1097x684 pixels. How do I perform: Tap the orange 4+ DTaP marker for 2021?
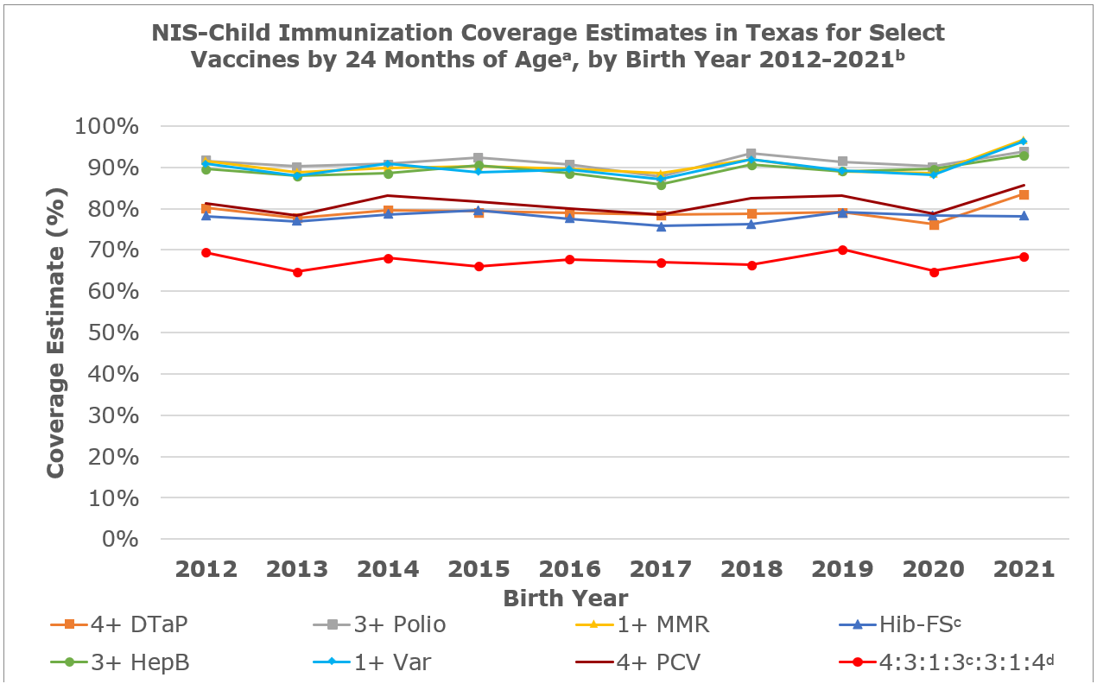click(1024, 194)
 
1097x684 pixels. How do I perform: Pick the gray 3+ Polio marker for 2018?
click(751, 153)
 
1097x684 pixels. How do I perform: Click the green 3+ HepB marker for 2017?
click(661, 184)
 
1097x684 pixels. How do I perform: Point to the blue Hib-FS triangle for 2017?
click(661, 226)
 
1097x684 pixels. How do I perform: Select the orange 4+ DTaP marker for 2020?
click(934, 225)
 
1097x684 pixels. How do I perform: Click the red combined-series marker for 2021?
click(1024, 256)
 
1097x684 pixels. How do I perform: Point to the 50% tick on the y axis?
click(131, 332)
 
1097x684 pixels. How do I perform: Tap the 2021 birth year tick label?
click(1023, 569)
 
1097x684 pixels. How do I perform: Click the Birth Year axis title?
click(566, 598)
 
